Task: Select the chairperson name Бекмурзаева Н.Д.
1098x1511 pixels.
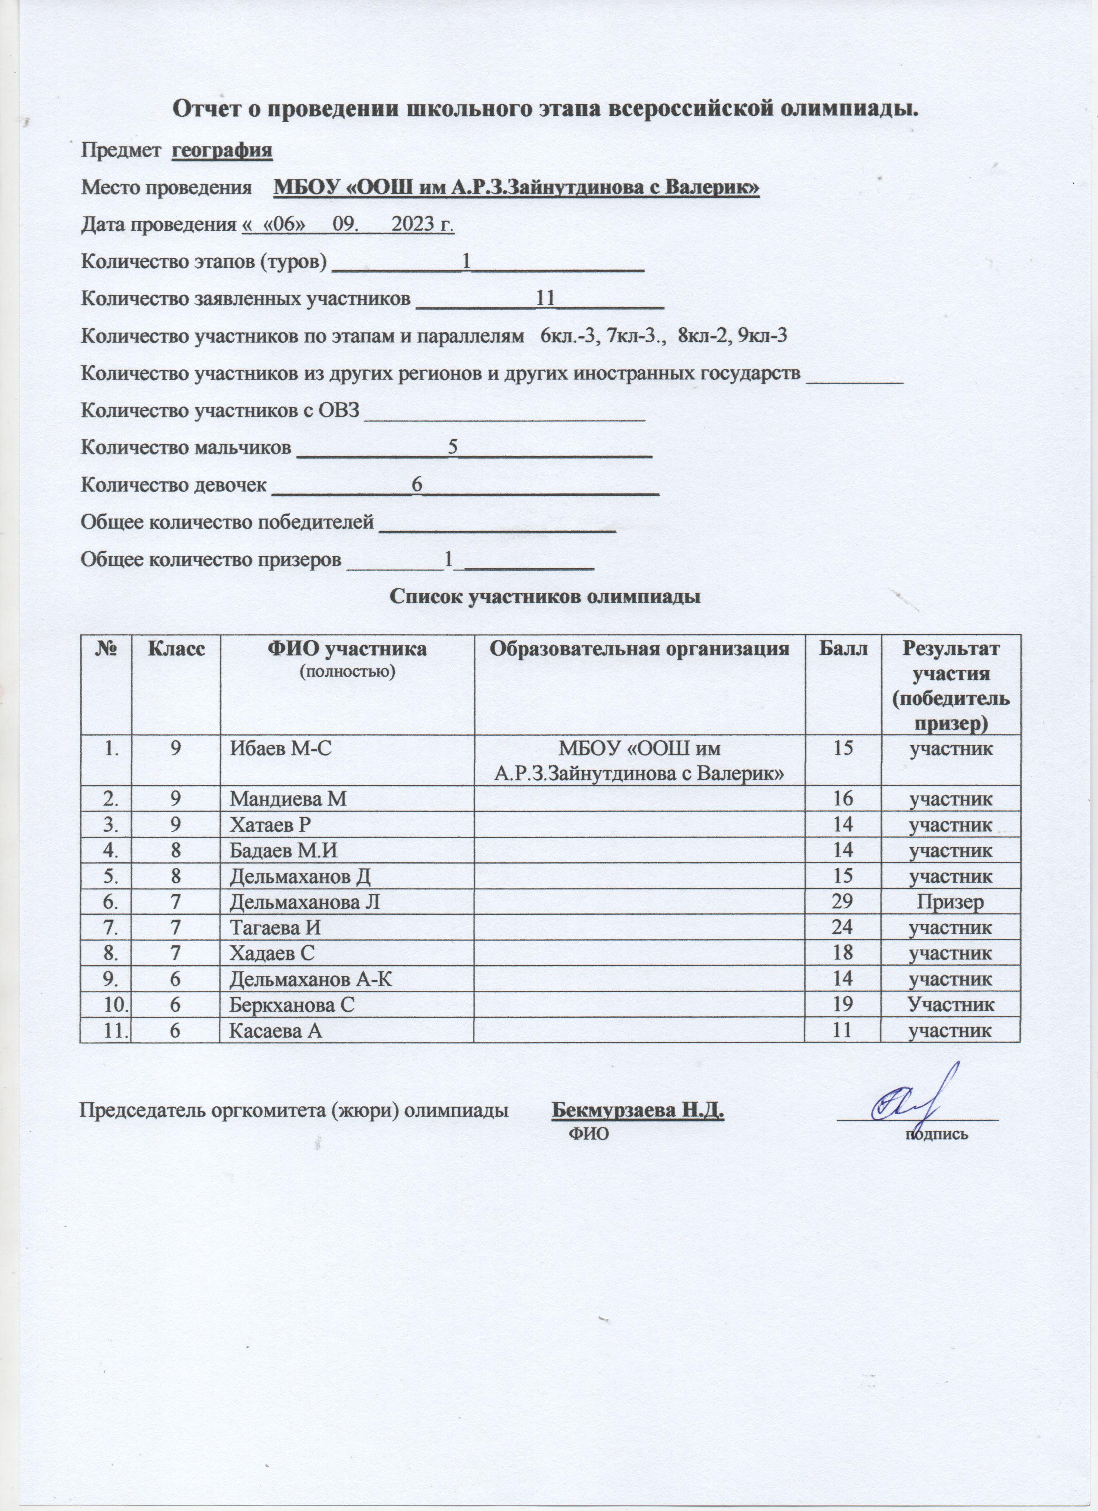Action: (x=638, y=1111)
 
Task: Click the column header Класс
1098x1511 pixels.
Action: (x=176, y=648)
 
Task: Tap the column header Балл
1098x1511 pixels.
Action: (x=843, y=648)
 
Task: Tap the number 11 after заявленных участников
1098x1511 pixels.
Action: (x=546, y=298)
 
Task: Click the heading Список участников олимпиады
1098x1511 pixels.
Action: (x=545, y=596)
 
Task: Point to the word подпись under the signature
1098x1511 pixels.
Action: (x=935, y=1133)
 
